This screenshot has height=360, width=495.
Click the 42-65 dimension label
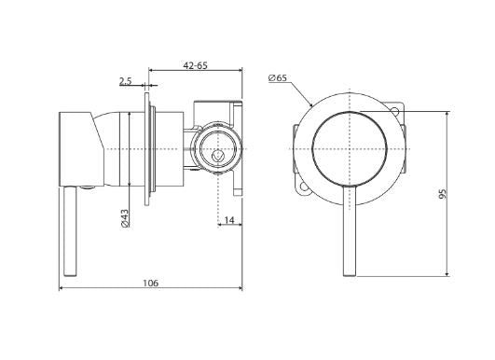pyautogui.click(x=196, y=65)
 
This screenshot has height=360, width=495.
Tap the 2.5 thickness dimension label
pyautogui.click(x=125, y=81)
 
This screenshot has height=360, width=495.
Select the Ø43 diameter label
pyautogui.click(x=125, y=218)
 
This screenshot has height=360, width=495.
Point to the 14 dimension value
pyautogui.click(x=230, y=220)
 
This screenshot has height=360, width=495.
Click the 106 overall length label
pyautogui.click(x=151, y=283)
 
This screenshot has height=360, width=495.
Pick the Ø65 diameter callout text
pyautogui.click(x=278, y=77)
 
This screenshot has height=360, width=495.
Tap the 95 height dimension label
pyautogui.click(x=443, y=194)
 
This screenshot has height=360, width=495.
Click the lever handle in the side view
pyautogui.click(x=70, y=231)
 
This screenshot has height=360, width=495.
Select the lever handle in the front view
pyautogui.click(x=350, y=231)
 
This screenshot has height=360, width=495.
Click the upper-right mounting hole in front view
pyautogui.click(x=394, y=110)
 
